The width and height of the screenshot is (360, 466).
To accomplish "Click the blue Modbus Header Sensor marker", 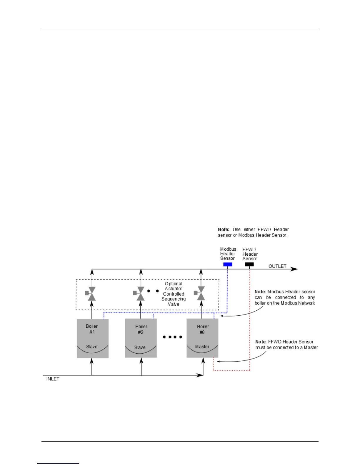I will click(x=228, y=264).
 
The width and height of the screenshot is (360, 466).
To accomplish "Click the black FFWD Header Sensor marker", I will click(x=249, y=264).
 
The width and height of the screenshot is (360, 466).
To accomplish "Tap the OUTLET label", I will click(x=277, y=266).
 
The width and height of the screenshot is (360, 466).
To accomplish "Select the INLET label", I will click(x=53, y=379).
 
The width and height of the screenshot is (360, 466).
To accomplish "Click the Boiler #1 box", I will click(x=93, y=339).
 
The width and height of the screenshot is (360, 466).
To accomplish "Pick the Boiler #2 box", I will click(x=141, y=338).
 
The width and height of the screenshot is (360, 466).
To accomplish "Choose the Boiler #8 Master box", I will click(x=202, y=338).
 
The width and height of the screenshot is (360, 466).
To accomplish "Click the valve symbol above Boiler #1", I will click(x=91, y=294).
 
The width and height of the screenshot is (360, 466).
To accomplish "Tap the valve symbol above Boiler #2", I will click(x=140, y=294).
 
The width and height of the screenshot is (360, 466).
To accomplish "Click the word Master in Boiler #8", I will click(x=202, y=347).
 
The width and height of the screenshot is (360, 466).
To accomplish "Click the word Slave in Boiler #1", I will click(x=92, y=347).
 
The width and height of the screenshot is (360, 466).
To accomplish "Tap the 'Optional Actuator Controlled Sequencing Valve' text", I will click(x=174, y=294).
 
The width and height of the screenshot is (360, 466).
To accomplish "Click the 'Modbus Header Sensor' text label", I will click(x=228, y=254).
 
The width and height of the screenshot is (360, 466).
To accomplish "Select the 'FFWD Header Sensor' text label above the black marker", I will click(x=250, y=254).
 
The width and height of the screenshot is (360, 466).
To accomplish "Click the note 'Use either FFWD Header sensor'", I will click(x=253, y=232).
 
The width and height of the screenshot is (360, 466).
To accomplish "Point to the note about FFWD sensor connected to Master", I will click(x=286, y=344).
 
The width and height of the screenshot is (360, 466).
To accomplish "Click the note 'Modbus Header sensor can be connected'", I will click(x=285, y=297).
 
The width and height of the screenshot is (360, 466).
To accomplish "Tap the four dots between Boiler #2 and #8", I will click(x=173, y=337).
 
